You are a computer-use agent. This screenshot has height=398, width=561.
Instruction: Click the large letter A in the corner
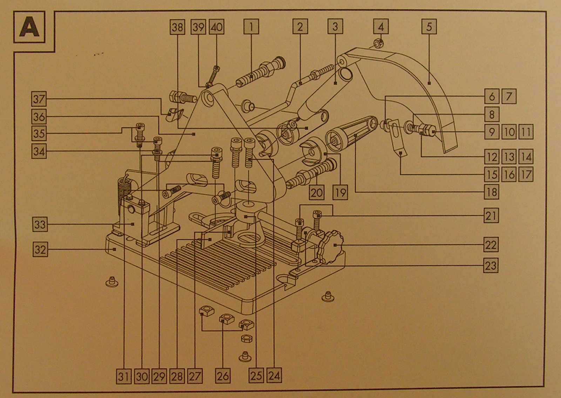point(29,27)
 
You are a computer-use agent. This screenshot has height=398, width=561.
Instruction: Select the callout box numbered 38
point(177,27)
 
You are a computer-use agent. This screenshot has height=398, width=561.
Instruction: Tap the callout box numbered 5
point(429,27)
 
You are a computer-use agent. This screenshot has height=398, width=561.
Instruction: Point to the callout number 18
point(492,192)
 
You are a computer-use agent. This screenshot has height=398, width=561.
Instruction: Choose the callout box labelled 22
point(491,245)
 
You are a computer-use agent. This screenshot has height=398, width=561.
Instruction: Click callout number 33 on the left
point(40,224)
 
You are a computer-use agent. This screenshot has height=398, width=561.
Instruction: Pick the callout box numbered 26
point(223,376)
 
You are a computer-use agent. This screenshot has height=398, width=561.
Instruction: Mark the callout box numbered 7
point(509,96)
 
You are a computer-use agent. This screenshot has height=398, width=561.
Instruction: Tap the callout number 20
point(317,192)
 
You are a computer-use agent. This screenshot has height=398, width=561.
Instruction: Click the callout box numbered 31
point(123,377)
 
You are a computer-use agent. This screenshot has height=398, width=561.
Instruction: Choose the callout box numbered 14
point(526,157)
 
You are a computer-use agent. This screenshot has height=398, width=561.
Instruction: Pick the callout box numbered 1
point(251,27)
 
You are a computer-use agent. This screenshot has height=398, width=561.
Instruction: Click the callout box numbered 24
point(274,376)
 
